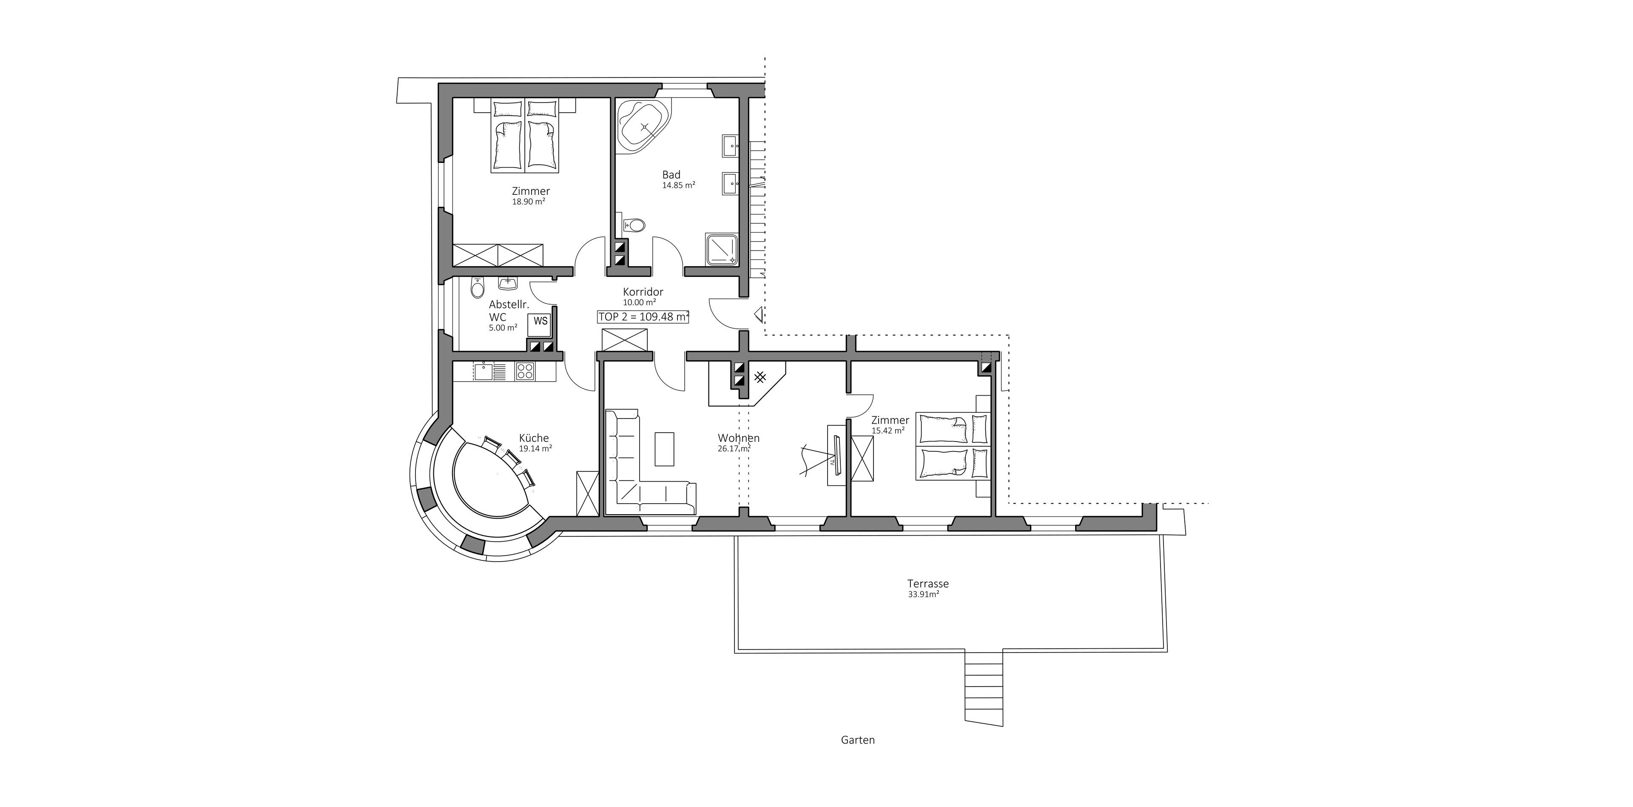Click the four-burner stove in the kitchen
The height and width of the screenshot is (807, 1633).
[524, 371]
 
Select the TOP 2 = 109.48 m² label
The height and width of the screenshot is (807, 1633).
[643, 317]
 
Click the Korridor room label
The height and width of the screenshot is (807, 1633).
[643, 291]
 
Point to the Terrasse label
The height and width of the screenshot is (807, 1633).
[927, 584]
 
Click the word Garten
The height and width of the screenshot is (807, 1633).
[858, 740]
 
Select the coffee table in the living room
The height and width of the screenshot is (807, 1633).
[664, 449]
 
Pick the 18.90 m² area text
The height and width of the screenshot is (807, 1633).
[529, 202]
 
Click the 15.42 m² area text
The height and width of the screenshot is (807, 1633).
[888, 431]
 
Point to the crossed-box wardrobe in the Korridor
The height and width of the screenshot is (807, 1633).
[624, 340]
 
